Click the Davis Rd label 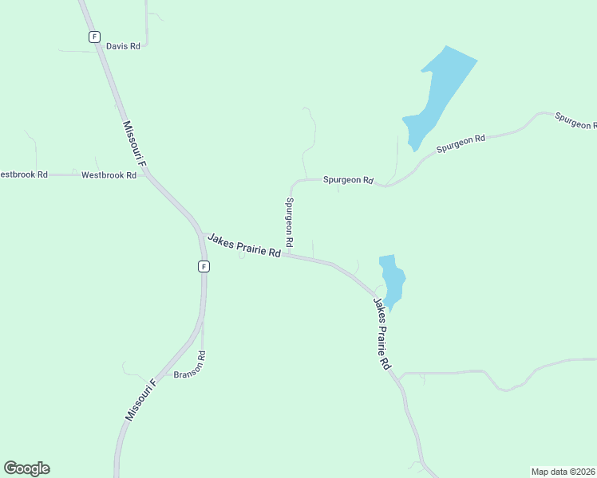123,46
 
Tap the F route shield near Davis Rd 94,37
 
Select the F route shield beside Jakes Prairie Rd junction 204,266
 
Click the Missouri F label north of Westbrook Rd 134,145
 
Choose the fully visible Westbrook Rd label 109,174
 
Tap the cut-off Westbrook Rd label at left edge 23,174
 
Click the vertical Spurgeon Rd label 289,221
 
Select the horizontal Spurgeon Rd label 348,180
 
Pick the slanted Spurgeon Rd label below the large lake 461,144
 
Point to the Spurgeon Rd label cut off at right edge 575,122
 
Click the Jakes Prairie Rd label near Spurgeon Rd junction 244,245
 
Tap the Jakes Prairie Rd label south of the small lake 381,332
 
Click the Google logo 26,468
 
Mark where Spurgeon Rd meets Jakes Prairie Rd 288,256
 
